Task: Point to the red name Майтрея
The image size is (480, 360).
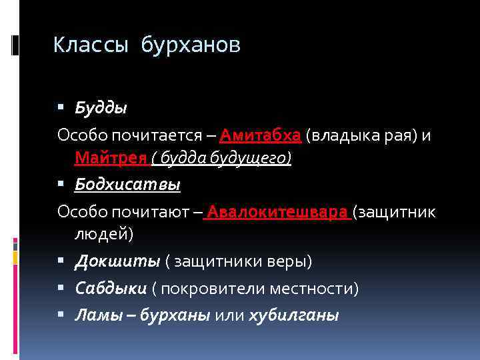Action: (x=111, y=159)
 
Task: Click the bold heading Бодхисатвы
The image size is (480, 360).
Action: (x=127, y=184)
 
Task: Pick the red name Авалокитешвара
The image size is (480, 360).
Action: (x=279, y=213)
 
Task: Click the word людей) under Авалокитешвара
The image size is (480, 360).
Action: (x=103, y=235)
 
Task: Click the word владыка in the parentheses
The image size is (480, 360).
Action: (x=344, y=136)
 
